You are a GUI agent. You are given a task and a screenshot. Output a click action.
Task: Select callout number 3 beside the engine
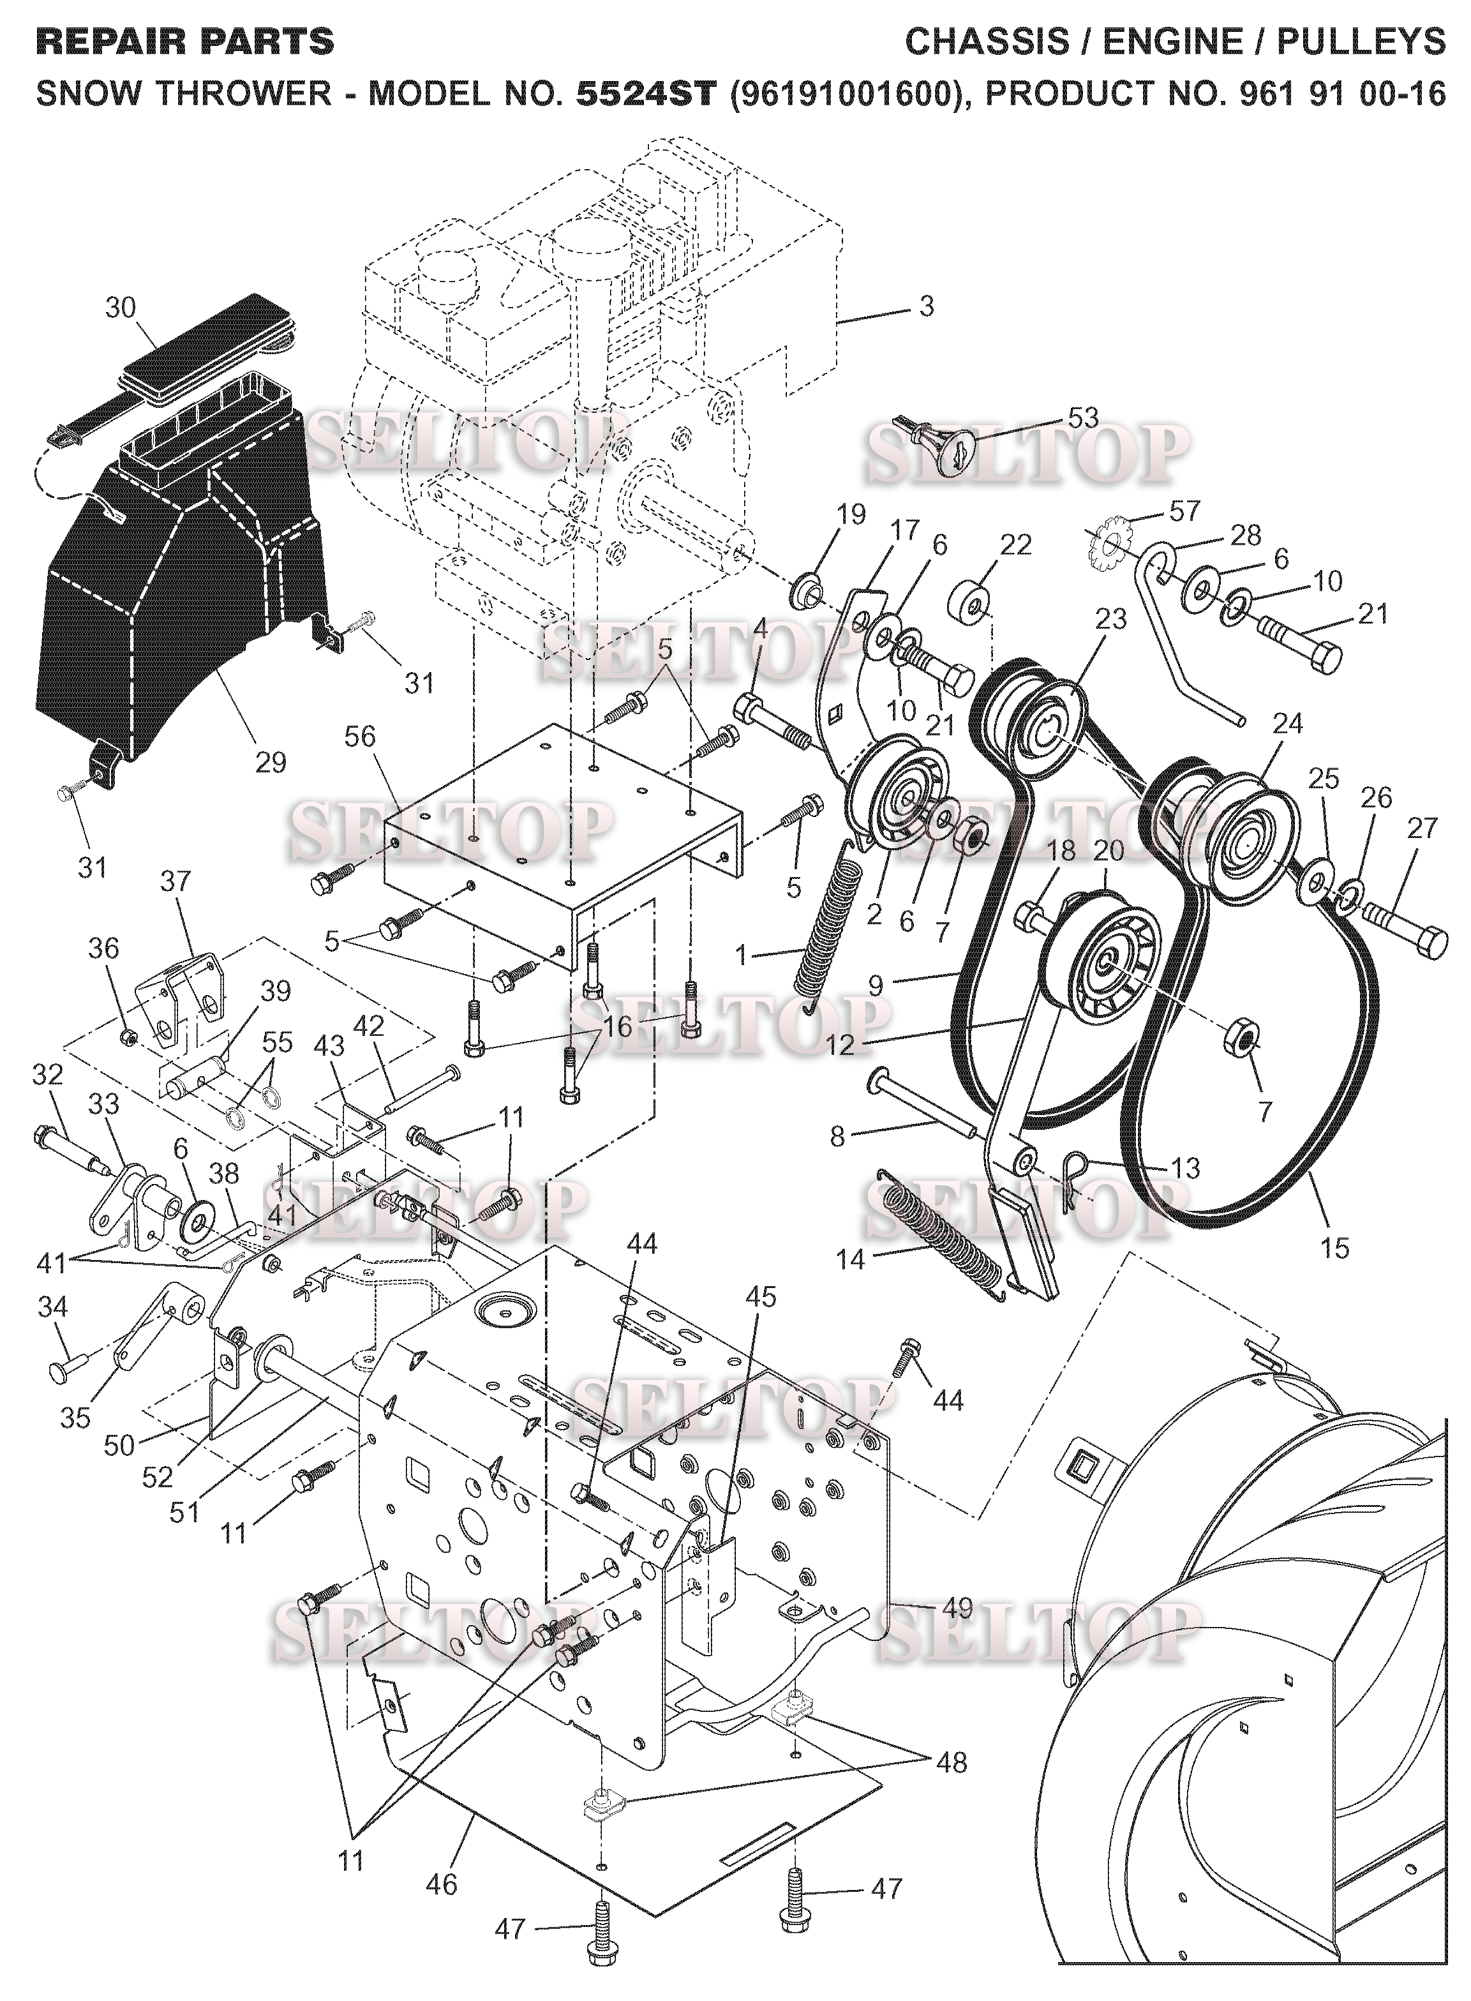[x=926, y=306]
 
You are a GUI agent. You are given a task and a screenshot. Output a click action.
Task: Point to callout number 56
[x=361, y=737]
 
